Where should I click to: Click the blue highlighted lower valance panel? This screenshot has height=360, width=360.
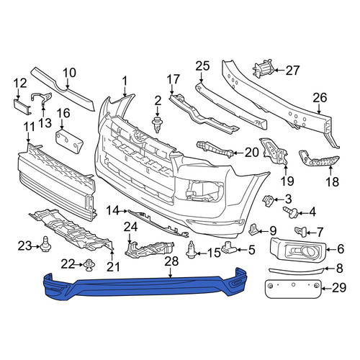pyautogui.click(x=144, y=287)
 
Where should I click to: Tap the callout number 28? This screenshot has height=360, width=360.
pyautogui.click(x=171, y=261)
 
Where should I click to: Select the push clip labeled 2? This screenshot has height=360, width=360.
pyautogui.click(x=157, y=125)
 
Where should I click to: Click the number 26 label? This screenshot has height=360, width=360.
pyautogui.click(x=320, y=98)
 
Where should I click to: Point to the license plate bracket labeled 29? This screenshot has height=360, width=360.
pyautogui.click(x=292, y=289)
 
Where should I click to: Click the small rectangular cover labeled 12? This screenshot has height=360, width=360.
pyautogui.click(x=22, y=107)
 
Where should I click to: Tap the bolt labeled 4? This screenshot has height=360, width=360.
pyautogui.click(x=291, y=212)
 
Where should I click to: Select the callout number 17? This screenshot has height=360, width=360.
pyautogui.click(x=173, y=79)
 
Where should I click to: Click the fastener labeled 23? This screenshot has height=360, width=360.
pyautogui.click(x=45, y=244)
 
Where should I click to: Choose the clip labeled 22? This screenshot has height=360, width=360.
pyautogui.click(x=90, y=265)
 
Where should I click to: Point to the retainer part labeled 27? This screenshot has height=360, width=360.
pyautogui.click(x=263, y=69)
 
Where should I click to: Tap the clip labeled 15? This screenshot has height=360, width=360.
pyautogui.click(x=192, y=250)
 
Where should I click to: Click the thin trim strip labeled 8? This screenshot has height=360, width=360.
pyautogui.click(x=297, y=271)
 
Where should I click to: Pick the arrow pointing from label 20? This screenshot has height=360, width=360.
pyautogui.click(x=238, y=153)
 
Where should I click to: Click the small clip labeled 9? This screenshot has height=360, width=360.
pyautogui.click(x=253, y=230)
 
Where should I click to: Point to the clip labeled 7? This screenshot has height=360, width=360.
pyautogui.click(x=300, y=232)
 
